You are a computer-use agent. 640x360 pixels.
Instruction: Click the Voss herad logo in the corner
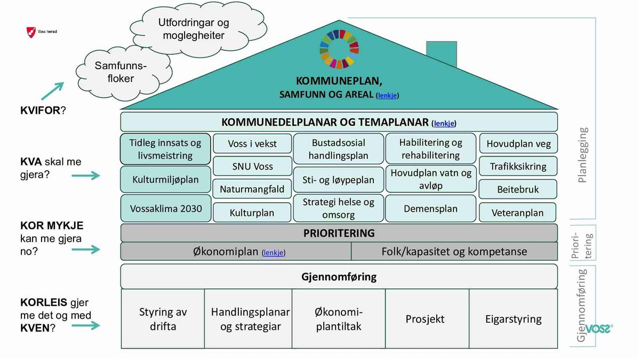pyautogui.click(x=32, y=32)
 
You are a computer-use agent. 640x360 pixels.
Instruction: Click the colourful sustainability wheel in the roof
pyautogui.click(x=339, y=49)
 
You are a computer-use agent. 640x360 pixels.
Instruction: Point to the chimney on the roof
pyautogui.click(x=441, y=54)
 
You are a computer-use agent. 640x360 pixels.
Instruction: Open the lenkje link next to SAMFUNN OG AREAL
pyautogui.click(x=388, y=95)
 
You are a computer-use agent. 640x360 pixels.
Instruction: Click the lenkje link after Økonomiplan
pyautogui.click(x=274, y=253)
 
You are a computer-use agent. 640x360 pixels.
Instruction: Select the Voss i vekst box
pyautogui.click(x=252, y=144)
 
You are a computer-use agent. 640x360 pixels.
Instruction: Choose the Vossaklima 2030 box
pyautogui.click(x=166, y=208)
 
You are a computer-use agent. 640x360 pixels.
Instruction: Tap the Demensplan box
pyautogui.click(x=430, y=209)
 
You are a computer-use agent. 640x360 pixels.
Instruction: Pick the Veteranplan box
pyautogui.click(x=518, y=213)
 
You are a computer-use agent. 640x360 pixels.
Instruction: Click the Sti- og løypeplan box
pyautogui.click(x=338, y=180)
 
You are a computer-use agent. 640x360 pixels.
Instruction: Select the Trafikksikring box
pyautogui.click(x=518, y=166)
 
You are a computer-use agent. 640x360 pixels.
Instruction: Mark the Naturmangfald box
pyautogui.click(x=252, y=189)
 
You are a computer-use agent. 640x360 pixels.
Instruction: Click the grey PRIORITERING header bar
pyautogui.click(x=339, y=233)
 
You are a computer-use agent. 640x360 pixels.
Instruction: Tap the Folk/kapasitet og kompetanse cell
pyautogui.click(x=454, y=252)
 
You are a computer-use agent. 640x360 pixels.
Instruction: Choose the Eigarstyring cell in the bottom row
pyautogui.click(x=513, y=319)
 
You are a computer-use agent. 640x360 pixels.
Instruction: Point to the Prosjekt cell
pyautogui.click(x=425, y=319)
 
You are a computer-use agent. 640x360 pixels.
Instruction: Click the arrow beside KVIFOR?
pyautogui.click(x=52, y=91)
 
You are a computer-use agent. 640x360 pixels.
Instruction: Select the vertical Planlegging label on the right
pyautogui.click(x=582, y=155)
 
